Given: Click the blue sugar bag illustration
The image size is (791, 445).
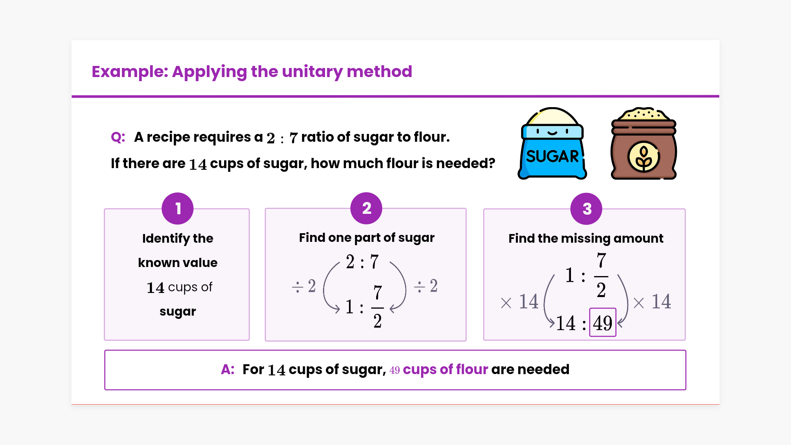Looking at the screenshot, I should [x=552, y=144].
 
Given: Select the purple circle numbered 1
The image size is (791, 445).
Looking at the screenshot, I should [x=178, y=208].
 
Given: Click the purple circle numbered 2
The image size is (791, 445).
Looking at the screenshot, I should [x=366, y=208].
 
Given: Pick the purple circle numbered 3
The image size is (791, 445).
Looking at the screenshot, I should [x=586, y=209].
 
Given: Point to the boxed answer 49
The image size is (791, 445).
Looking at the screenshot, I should [x=602, y=323].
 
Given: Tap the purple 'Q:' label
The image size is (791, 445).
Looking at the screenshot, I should [x=118, y=137].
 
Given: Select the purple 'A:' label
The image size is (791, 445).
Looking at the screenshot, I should [x=227, y=369].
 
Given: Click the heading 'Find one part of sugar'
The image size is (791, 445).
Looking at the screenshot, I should [x=366, y=238].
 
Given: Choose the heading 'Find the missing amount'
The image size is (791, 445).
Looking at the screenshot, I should [x=585, y=238].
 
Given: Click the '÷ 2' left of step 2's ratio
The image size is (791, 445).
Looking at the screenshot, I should [x=304, y=286].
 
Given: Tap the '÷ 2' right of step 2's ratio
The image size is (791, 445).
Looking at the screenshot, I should [x=426, y=286].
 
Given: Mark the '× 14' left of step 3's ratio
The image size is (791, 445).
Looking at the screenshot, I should [x=519, y=302].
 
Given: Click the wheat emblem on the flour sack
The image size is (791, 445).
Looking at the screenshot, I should [x=644, y=157].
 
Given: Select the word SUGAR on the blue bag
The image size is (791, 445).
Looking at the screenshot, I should [x=552, y=157].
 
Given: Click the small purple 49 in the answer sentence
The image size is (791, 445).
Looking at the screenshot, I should [x=394, y=370].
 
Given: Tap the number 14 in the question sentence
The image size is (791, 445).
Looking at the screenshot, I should [x=198, y=164].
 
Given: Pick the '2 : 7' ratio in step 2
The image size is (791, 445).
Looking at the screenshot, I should [x=362, y=262].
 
